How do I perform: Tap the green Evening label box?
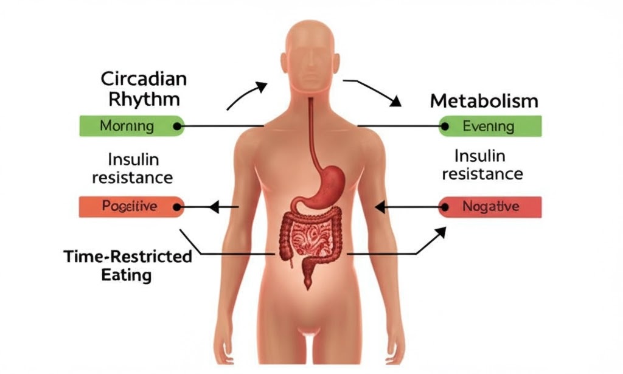click(490, 126)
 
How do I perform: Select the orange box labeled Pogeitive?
click(130, 207)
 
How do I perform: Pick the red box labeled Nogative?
click(490, 207)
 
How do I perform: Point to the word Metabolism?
click(484, 101)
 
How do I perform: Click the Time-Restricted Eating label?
click(127, 265)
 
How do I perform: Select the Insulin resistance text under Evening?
click(482, 165)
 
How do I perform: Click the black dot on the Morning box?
click(176, 126)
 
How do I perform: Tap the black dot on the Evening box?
click(446, 126)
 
